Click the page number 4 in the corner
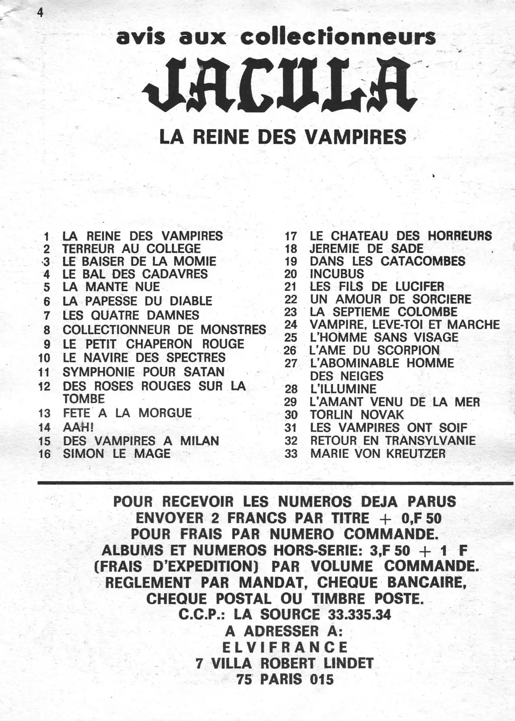[40, 13]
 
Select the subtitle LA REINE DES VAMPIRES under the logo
[283, 137]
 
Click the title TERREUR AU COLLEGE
[132, 248]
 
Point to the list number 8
[47, 330]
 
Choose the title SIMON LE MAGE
[117, 453]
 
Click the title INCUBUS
[337, 274]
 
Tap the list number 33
[290, 453]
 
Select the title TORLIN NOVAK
[357, 414]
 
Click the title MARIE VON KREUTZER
[378, 453]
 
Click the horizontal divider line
[275, 482]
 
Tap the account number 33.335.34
[359, 614]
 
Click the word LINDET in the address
[348, 663]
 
